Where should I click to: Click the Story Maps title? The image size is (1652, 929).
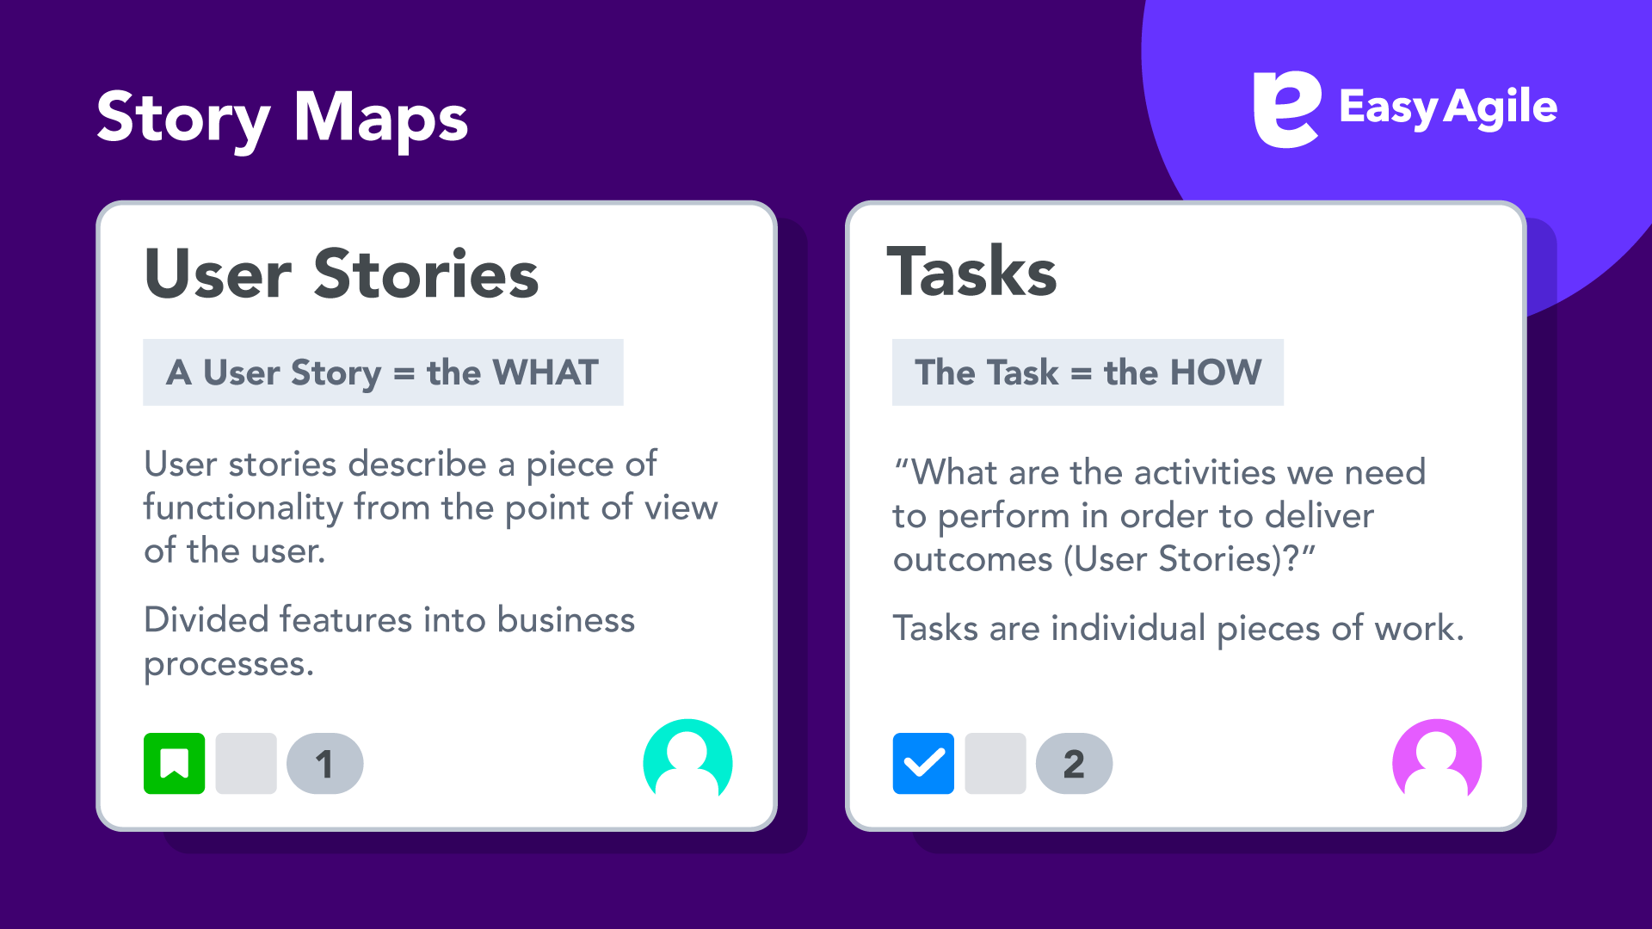[x=282, y=119]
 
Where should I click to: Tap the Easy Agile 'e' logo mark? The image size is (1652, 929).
[x=1286, y=108]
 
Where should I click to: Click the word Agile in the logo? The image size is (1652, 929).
[x=1501, y=108]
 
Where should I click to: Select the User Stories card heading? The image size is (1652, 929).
[x=342, y=274]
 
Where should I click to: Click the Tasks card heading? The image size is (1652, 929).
[x=971, y=272]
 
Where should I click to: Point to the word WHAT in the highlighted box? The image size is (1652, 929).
[x=545, y=372]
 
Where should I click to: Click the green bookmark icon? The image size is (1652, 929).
[x=175, y=763]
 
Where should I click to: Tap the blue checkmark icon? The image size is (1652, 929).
[x=923, y=763]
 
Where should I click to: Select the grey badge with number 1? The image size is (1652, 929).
[x=324, y=763]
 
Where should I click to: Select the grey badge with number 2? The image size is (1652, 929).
[x=1074, y=763]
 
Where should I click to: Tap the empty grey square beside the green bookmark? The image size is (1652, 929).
[x=246, y=763]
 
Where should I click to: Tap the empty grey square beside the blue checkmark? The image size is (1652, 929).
[x=996, y=763]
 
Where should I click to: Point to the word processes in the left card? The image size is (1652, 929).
[x=229, y=664]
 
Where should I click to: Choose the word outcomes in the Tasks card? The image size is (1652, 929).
[x=972, y=560]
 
